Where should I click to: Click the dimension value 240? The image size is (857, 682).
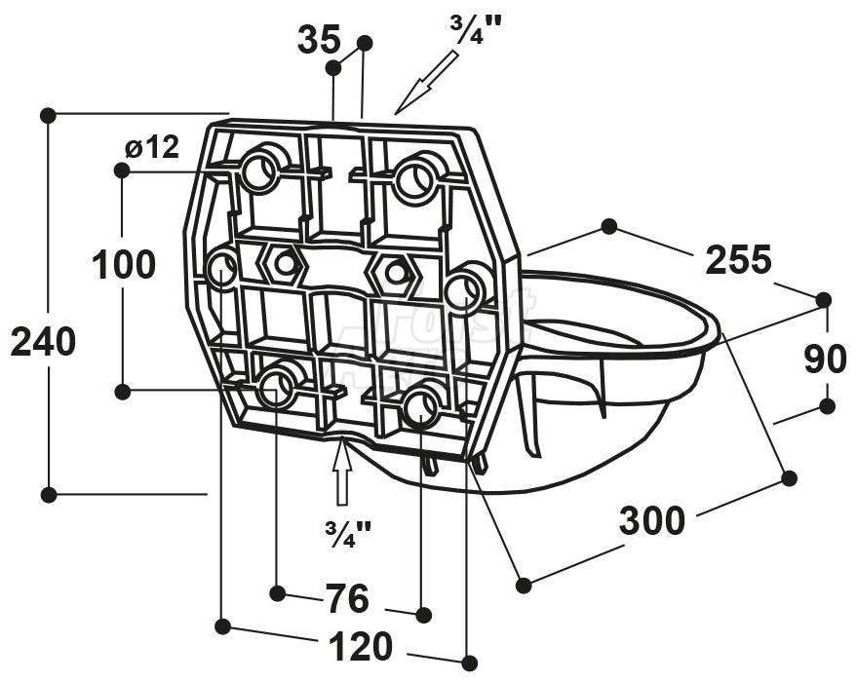43,342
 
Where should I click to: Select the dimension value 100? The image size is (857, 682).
124,264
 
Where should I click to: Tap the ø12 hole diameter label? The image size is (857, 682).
151,147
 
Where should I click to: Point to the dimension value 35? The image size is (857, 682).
319,39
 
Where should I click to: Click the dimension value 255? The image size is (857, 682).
738,259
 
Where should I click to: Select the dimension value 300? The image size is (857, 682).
651,520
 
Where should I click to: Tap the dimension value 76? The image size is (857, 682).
348,598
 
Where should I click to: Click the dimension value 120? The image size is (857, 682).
360,646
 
